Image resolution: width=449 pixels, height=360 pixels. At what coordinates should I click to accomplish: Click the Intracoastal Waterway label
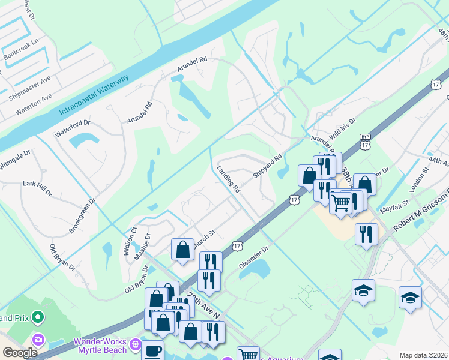tap(94, 95)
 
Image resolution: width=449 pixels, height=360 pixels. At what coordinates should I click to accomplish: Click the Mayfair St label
tap(394, 208)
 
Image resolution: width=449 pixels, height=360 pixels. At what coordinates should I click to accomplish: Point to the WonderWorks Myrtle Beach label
tap(100, 346)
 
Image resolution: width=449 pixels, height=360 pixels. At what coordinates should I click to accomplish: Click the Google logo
tap(19, 353)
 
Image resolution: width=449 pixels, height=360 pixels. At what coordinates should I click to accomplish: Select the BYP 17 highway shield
tap(365, 142)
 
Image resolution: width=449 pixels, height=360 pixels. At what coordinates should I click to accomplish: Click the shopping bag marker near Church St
tap(182, 250)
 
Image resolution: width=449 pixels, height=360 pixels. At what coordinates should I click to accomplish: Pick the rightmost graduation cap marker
tap(411, 297)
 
